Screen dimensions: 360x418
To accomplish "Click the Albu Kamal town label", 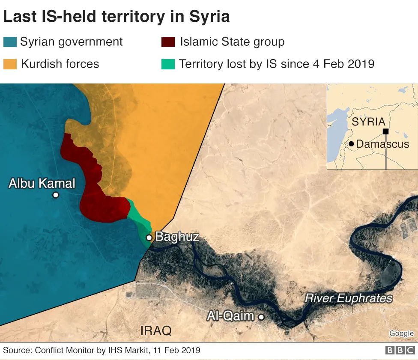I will [42, 184].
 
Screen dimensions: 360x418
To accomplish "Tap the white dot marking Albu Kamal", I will [55, 195].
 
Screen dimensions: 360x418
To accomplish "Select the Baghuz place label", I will [176, 236].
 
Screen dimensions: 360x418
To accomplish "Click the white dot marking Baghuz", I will [149, 238].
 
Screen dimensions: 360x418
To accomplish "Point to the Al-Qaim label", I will [230, 316].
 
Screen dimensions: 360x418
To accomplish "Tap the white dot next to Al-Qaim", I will [261, 317].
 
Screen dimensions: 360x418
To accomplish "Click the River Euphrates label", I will [348, 298].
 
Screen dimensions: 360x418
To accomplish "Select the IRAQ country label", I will [156, 330].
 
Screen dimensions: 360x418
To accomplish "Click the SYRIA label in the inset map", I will [368, 122].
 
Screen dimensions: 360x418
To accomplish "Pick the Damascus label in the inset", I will [382, 144].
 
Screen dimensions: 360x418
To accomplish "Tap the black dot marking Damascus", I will [351, 144].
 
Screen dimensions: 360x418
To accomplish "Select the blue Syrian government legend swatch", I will [10, 42].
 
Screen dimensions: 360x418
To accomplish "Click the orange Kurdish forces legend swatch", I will [10, 64].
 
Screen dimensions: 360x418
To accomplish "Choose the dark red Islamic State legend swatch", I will [168, 42].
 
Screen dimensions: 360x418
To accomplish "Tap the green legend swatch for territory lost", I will [168, 64].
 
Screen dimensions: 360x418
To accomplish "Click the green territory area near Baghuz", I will [139, 218].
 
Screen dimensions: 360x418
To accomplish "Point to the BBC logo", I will [400, 351].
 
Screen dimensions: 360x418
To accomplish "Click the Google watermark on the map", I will [401, 333].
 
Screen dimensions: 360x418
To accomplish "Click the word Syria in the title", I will [209, 17].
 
